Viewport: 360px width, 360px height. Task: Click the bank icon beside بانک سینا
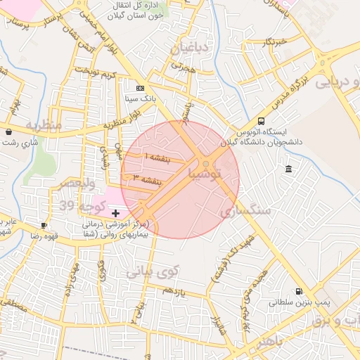[141, 88]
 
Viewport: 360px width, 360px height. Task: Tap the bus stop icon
[262, 121]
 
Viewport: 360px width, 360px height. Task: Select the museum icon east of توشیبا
[289, 169]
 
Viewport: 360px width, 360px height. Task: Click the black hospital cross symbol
[116, 212]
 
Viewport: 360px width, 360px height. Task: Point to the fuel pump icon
[300, 291]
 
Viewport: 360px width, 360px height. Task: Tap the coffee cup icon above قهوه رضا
[44, 226]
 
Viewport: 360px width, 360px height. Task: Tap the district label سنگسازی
[245, 210]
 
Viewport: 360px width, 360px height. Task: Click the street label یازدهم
[172, 290]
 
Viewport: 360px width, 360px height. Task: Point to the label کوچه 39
[83, 205]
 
